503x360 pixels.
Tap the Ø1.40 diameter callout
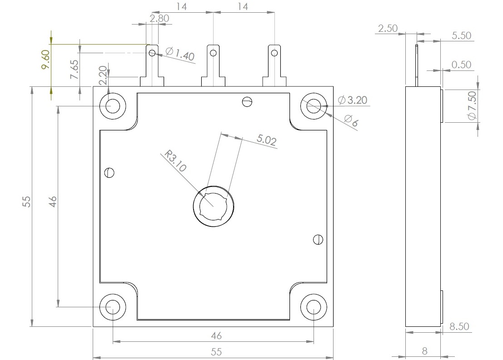[x=180, y=54]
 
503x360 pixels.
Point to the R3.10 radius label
[x=175, y=161]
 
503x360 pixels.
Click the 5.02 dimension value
[x=267, y=140]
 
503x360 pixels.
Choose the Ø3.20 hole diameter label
[x=353, y=100]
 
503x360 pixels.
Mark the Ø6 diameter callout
[x=351, y=121]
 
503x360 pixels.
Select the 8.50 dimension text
[x=459, y=326]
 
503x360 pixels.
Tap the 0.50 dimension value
[x=461, y=65]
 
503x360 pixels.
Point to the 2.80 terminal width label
[x=159, y=19]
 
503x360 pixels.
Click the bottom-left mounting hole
[x=112, y=307]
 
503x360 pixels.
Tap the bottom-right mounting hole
[x=314, y=307]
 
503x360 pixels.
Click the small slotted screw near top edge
[x=247, y=101]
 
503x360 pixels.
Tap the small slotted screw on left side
[x=109, y=172]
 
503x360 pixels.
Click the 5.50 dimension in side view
[x=461, y=36]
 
